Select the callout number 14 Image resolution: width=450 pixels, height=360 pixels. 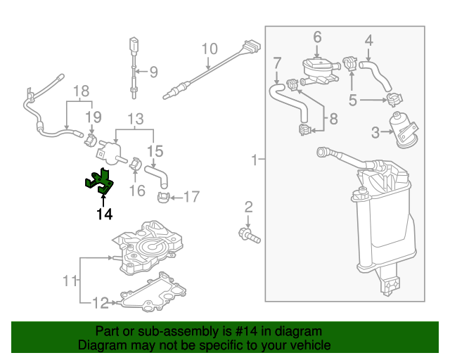104,214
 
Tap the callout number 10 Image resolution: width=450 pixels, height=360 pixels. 210,49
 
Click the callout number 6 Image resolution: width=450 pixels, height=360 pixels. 316,37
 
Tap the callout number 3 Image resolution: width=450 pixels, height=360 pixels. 375,131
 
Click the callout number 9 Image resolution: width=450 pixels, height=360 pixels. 153,71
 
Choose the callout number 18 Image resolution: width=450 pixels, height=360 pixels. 82,91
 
